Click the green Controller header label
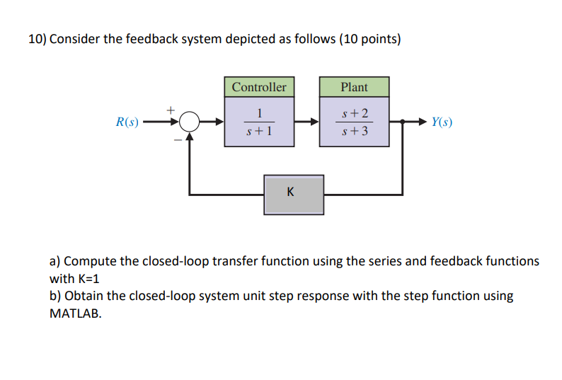259,87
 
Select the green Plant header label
354,87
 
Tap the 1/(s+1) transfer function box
259,122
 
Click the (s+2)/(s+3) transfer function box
354,122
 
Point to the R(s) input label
127,122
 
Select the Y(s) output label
441,122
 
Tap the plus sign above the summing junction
170,110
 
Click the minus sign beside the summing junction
177,139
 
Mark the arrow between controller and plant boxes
306,122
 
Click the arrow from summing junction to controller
212,122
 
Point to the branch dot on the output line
403,122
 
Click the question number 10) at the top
38,40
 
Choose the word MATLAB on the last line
75,313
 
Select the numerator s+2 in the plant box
354,113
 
